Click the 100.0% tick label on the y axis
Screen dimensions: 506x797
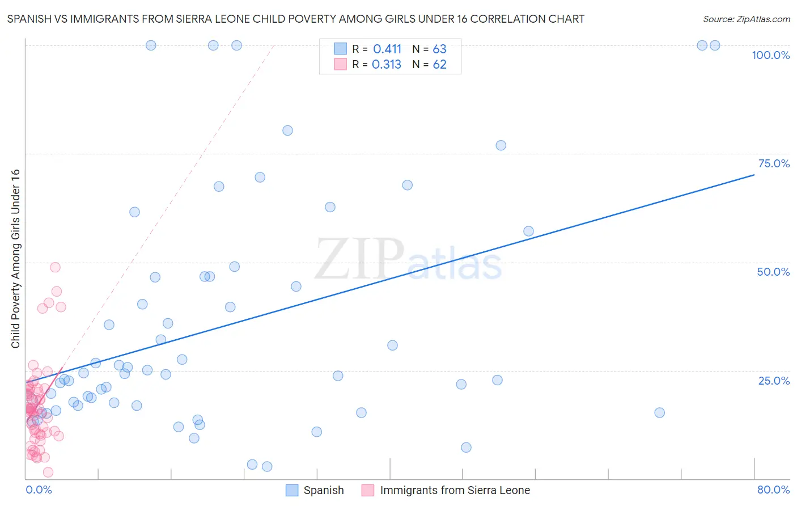point(770,55)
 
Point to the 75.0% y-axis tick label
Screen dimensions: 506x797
point(774,163)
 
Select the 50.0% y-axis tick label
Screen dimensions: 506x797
point(773,272)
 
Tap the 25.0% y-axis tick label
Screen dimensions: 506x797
point(774,381)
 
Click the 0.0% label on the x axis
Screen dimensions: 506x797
point(39,490)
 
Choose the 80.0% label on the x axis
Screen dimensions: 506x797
point(773,490)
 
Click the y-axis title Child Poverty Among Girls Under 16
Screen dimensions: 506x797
point(15,259)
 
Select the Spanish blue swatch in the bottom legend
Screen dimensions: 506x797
point(292,490)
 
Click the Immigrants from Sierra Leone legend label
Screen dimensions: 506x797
point(455,490)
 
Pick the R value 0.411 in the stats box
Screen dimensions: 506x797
point(387,49)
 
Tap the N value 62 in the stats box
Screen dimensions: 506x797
point(439,65)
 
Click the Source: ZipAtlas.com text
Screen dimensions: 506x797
point(746,19)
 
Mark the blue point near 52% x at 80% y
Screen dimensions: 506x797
point(287,130)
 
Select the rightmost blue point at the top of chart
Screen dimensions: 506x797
point(715,45)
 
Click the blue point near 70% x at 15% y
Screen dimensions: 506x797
point(659,412)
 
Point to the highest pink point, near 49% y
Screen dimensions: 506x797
point(55,267)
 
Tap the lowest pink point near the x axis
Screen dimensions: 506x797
point(48,472)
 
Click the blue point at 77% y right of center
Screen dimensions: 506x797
point(501,145)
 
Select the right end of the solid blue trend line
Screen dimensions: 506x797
point(753,175)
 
